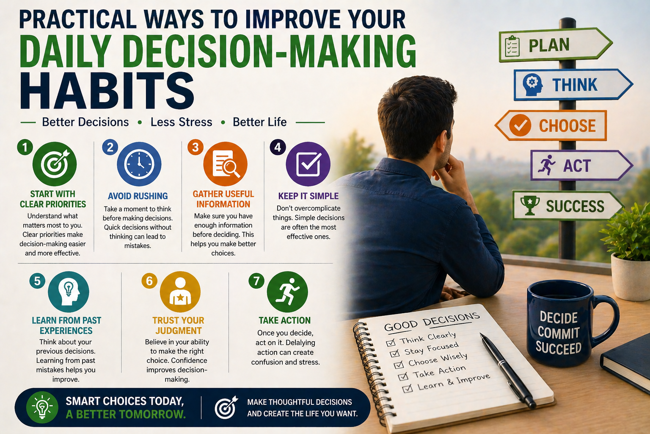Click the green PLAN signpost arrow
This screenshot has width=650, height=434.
[555, 45]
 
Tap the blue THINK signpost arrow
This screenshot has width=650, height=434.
[573, 85]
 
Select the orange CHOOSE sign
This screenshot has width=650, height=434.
[551, 125]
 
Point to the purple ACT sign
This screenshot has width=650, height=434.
[581, 165]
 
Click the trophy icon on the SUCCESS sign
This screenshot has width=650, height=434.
[530, 205]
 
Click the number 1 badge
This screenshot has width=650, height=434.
[25, 147]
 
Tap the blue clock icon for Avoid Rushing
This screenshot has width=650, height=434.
[139, 164]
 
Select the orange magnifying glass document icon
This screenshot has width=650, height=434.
[225, 164]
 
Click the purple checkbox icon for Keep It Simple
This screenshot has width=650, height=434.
[308, 164]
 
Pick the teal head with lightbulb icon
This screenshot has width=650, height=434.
[69, 292]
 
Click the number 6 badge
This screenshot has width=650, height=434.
[149, 281]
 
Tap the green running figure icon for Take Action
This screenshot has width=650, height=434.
[287, 292]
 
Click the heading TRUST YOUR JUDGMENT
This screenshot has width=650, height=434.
[178, 325]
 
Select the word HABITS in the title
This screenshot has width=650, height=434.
[107, 91]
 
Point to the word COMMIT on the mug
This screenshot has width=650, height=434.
[558, 333]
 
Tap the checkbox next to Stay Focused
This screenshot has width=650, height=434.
[395, 353]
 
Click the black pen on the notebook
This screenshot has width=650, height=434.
[508, 370]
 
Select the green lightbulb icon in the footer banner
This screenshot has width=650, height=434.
[42, 407]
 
